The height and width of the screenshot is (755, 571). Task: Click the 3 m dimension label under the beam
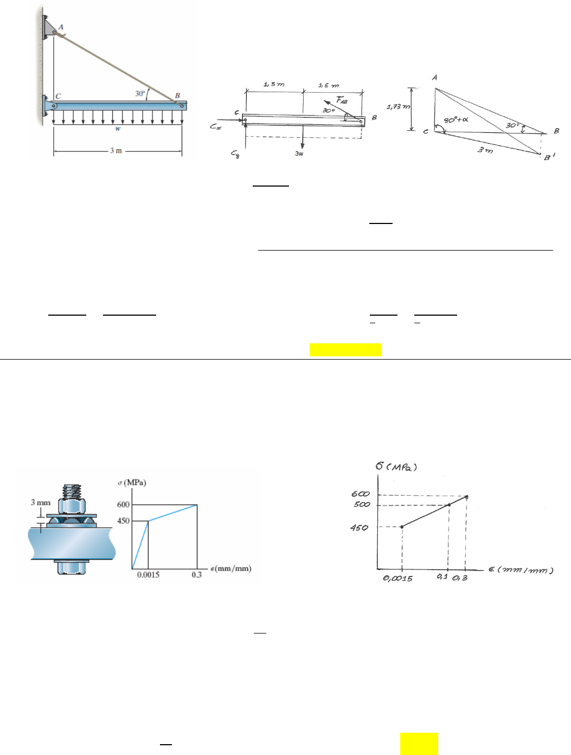point(116,151)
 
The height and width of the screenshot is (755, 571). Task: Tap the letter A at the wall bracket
point(61,27)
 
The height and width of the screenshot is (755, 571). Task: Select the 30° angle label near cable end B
point(140,93)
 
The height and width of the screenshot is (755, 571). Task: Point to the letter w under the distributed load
point(118,129)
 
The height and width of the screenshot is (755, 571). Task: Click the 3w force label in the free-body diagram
point(299,153)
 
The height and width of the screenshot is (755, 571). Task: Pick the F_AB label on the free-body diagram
point(342,100)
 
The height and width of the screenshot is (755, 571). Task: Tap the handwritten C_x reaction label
point(215,126)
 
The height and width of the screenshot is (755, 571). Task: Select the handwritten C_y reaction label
point(235,153)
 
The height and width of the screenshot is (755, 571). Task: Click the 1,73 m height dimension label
point(398,107)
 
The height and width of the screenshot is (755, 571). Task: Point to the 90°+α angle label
point(455,120)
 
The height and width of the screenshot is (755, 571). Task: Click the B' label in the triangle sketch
point(549,157)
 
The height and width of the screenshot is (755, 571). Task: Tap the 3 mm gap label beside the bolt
point(41,503)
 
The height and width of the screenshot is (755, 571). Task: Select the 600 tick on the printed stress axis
point(124,504)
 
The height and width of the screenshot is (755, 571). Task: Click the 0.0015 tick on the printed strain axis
point(148,575)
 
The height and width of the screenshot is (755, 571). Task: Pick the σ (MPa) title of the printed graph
point(132,483)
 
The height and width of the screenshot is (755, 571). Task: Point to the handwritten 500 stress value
point(362,504)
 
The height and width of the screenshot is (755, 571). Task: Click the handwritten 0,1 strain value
point(442,577)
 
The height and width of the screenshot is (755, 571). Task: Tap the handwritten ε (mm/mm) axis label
point(521,570)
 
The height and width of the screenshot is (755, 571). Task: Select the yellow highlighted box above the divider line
point(345,350)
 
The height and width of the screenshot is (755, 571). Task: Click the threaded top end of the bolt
point(72,491)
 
